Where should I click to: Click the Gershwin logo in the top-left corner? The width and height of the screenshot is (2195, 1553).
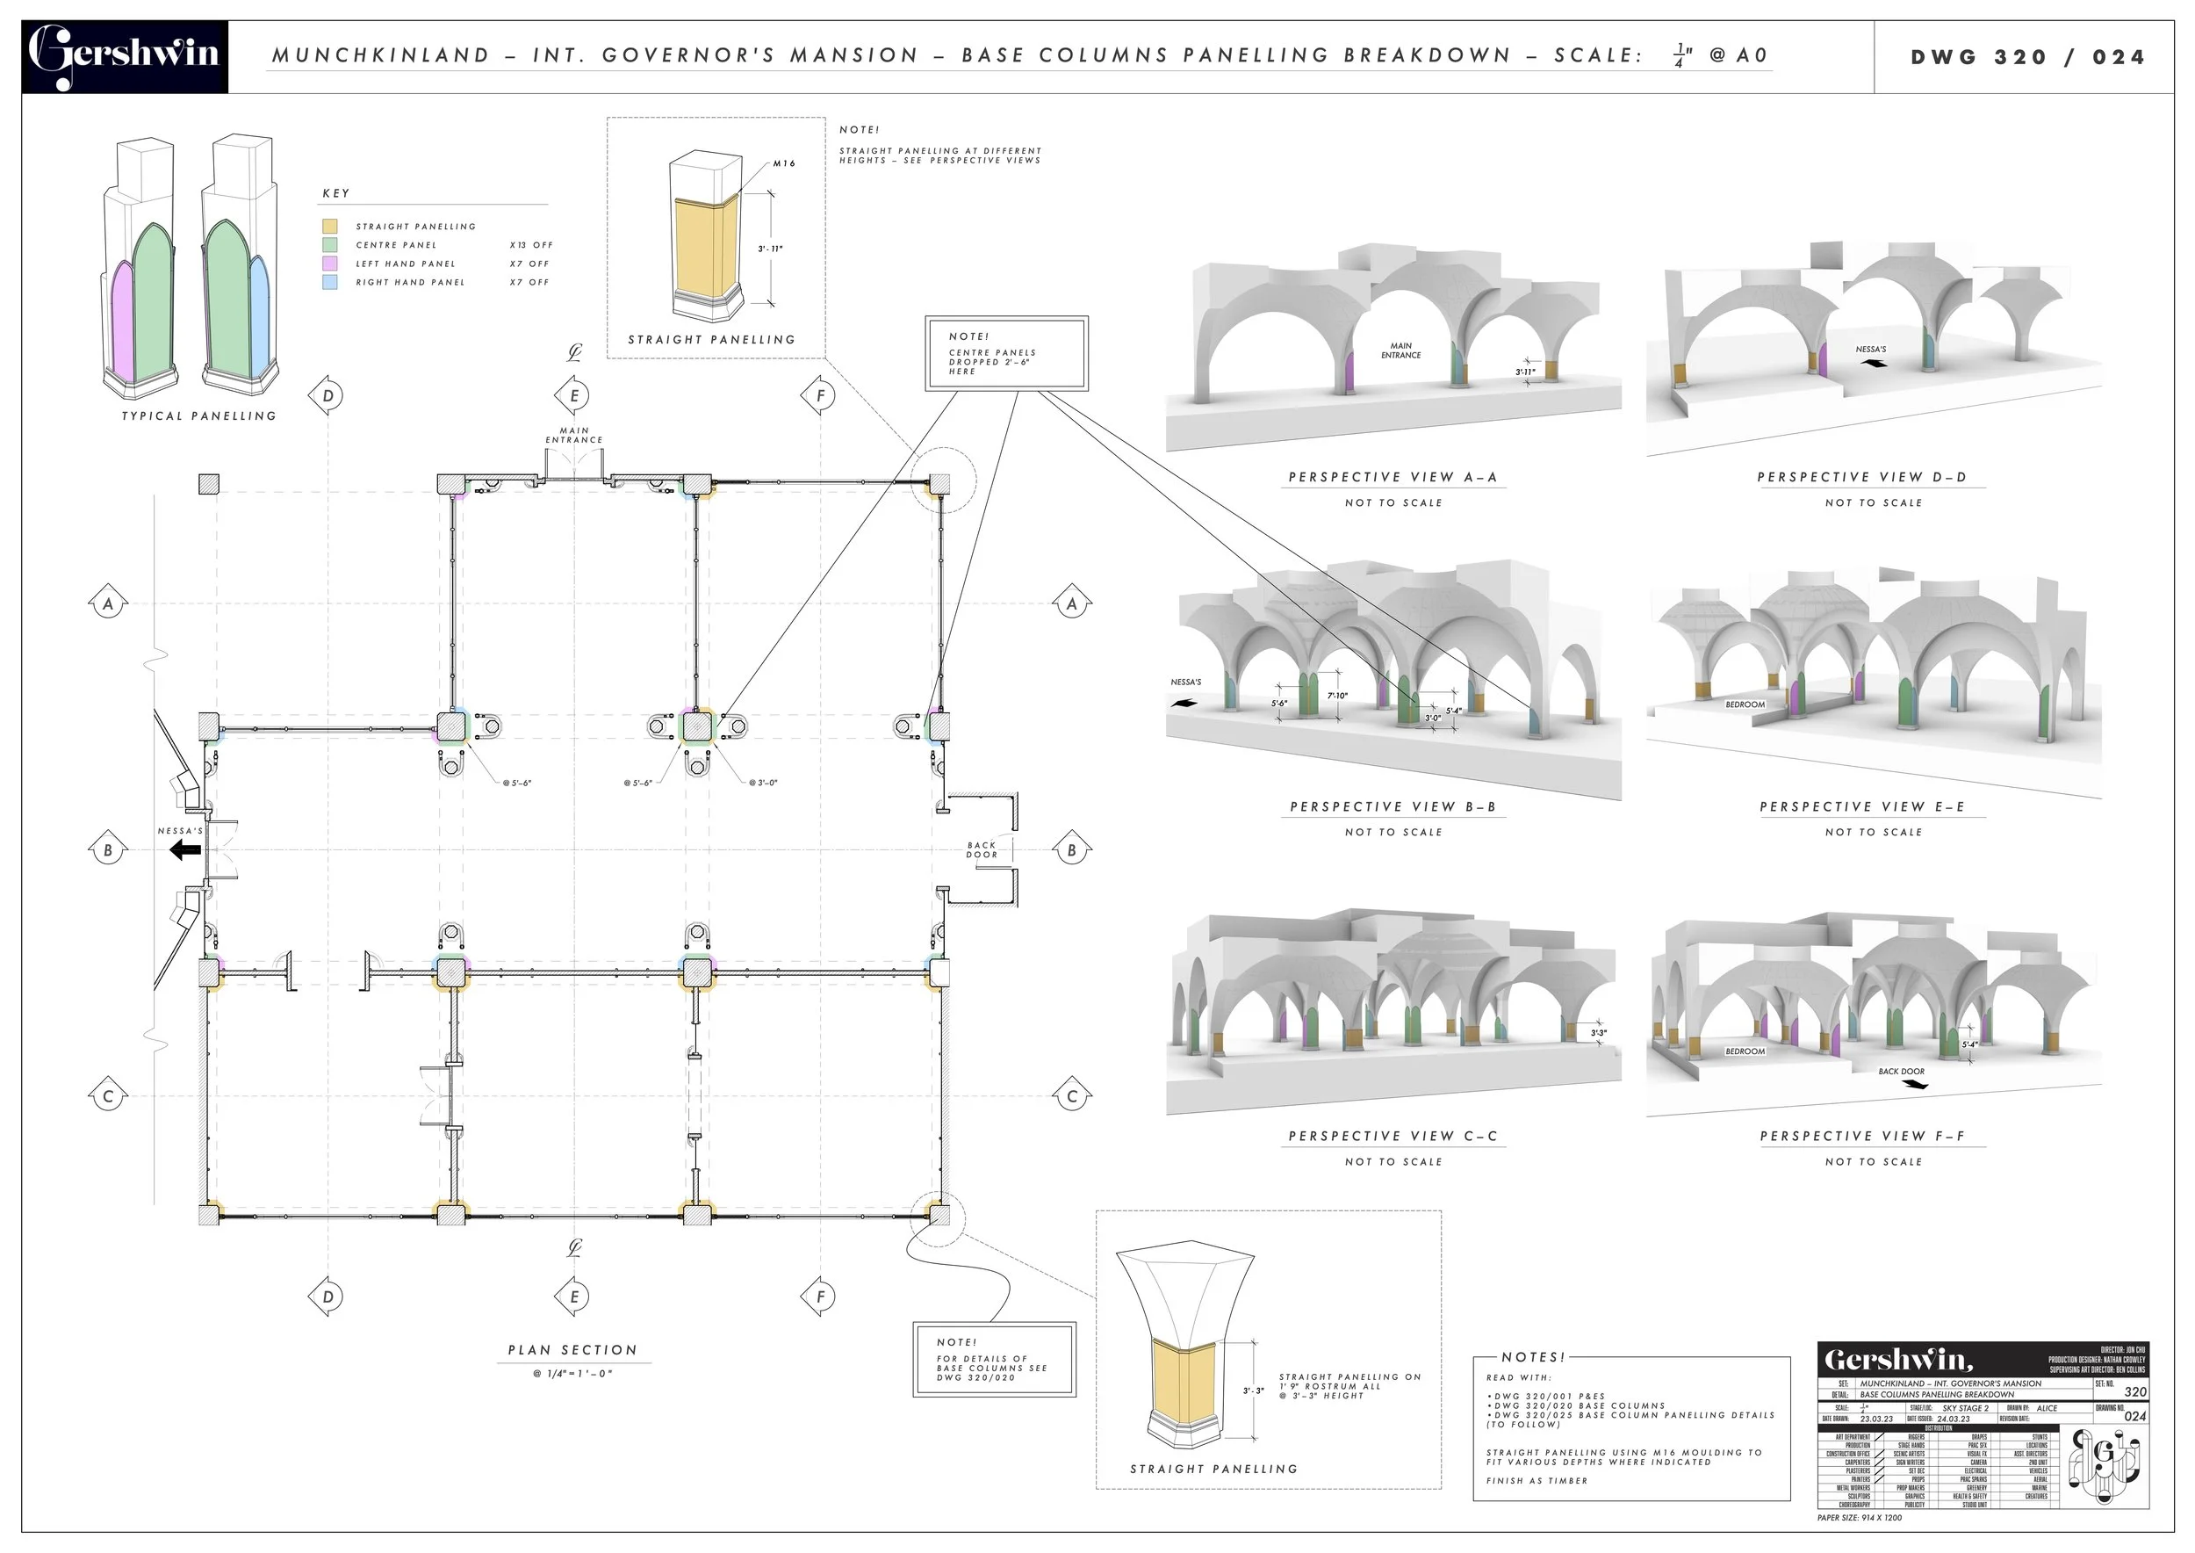(125, 55)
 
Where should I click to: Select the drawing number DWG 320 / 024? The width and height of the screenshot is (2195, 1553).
(2026, 56)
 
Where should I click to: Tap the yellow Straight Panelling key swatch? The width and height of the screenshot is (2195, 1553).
(330, 227)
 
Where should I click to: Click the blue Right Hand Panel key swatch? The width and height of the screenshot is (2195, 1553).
(330, 282)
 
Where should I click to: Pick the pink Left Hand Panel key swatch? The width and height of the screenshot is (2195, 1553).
(330, 263)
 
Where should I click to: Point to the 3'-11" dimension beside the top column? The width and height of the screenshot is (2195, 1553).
(770, 249)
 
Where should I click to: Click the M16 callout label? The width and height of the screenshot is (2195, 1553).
(784, 163)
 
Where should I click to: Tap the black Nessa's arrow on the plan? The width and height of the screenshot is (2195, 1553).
(186, 849)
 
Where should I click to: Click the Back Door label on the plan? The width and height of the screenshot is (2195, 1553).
(982, 849)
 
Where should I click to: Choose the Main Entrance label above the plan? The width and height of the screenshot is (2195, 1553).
(573, 435)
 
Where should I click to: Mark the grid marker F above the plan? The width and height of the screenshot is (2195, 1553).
(819, 395)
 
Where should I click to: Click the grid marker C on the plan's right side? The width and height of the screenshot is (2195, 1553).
(1072, 1096)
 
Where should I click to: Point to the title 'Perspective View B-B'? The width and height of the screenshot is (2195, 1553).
(1393, 806)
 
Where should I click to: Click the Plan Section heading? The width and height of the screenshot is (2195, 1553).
(572, 1349)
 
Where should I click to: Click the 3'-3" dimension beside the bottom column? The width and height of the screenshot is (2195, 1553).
(1253, 1390)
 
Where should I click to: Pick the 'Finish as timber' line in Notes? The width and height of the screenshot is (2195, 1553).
(1536, 1480)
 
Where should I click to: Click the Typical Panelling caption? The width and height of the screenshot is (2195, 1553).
(198, 416)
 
